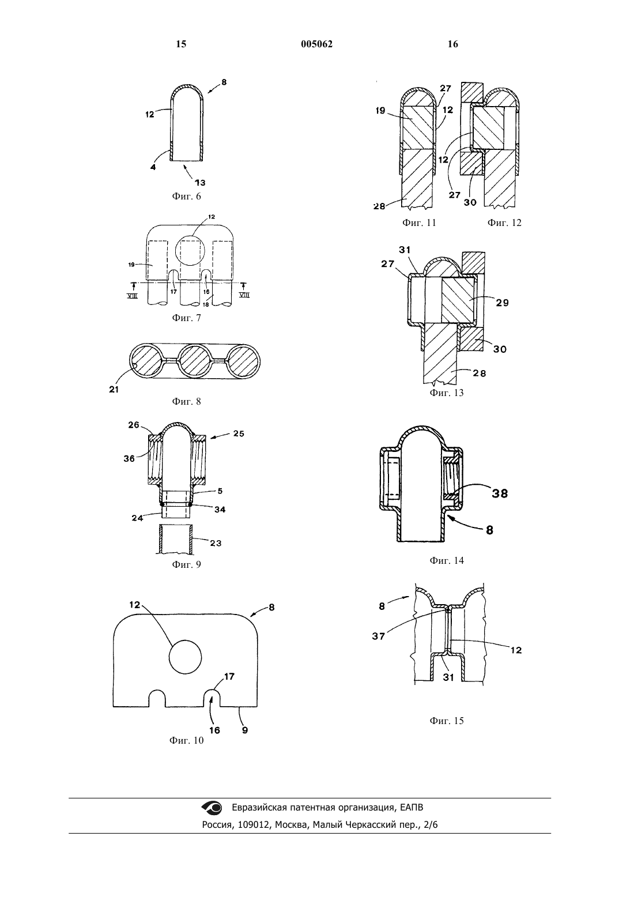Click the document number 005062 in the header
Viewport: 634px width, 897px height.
point(316,44)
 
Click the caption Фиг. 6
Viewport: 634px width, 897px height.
point(187,196)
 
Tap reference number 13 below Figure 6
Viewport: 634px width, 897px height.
point(200,183)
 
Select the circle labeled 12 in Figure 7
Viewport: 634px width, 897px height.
point(190,251)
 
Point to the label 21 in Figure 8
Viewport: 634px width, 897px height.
point(114,389)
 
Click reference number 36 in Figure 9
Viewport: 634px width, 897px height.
point(129,459)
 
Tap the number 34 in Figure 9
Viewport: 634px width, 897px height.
point(220,510)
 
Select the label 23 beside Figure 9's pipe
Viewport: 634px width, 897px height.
point(216,543)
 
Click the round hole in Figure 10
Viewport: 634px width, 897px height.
point(185,658)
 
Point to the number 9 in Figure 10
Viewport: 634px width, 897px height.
point(245,730)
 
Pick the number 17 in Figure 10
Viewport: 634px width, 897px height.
point(229,676)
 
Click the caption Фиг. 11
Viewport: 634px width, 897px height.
point(419,223)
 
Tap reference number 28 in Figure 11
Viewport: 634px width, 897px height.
point(379,206)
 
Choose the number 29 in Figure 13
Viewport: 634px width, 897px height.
point(503,303)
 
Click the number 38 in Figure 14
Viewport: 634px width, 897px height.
point(500,493)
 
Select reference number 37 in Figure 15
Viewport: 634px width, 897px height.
point(378,636)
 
